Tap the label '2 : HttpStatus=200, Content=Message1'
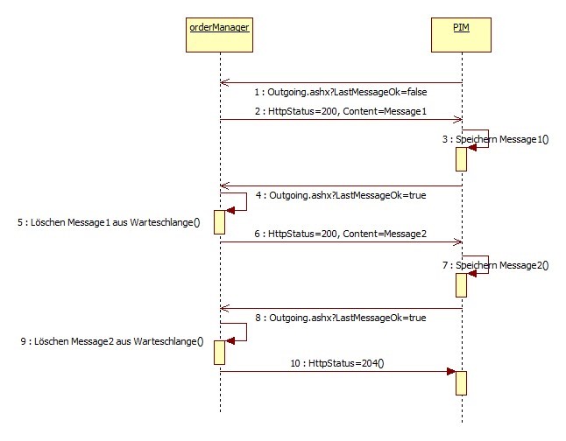[x=340, y=111]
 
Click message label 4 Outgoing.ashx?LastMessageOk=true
[x=342, y=195]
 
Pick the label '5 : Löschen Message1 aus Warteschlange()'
[x=109, y=222]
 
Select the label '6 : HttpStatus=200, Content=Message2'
[x=340, y=234]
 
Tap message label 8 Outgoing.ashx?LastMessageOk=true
[x=342, y=318]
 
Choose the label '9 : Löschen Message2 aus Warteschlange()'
[x=109, y=341]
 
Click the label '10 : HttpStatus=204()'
[x=337, y=361]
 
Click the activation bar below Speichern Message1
[x=461, y=158]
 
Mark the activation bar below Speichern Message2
[x=461, y=283]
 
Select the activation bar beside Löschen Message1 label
[x=220, y=222]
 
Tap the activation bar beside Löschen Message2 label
[x=220, y=353]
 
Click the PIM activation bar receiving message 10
[x=461, y=382]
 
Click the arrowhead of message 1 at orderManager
[x=225, y=83]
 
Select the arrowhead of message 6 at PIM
[x=456, y=242]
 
